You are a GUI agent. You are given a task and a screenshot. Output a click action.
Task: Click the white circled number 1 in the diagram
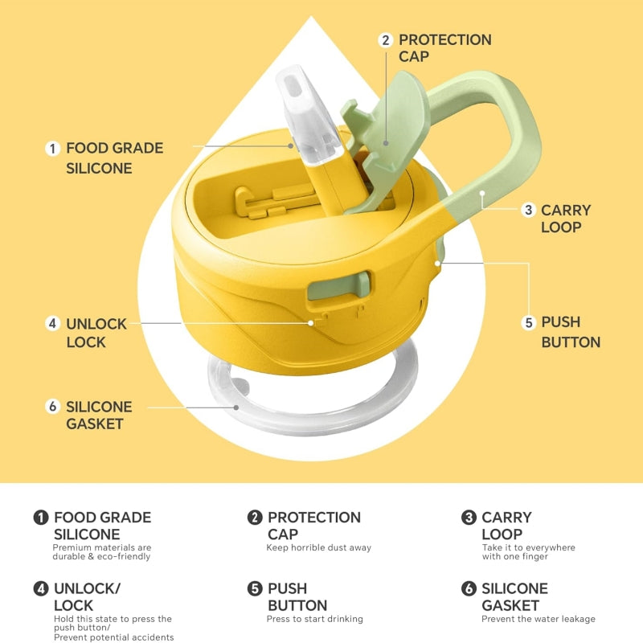52,149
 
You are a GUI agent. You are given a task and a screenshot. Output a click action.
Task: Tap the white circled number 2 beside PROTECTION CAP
386,40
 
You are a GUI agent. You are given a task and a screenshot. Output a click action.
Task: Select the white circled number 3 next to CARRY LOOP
529,210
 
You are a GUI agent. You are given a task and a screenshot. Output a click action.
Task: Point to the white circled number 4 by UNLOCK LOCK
52,324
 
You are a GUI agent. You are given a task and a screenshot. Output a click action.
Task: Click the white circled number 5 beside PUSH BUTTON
529,322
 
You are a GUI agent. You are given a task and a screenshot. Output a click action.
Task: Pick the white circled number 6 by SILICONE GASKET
52,407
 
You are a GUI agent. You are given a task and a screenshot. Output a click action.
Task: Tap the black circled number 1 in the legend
41,517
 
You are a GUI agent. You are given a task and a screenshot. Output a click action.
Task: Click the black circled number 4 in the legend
41,588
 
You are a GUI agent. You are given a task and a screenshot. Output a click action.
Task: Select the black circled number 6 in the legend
469,588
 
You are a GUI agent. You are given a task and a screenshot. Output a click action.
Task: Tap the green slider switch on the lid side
339,285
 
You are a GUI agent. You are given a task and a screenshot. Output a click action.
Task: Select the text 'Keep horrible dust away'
318,547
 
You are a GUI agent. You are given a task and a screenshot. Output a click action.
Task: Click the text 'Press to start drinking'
314,619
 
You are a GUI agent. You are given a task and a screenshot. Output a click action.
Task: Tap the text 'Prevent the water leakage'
538,619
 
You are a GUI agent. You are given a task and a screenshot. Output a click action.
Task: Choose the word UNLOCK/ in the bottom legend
88,588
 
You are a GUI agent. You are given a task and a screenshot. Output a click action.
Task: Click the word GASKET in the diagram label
95,424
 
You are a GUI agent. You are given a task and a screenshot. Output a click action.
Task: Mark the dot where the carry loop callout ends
482,193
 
